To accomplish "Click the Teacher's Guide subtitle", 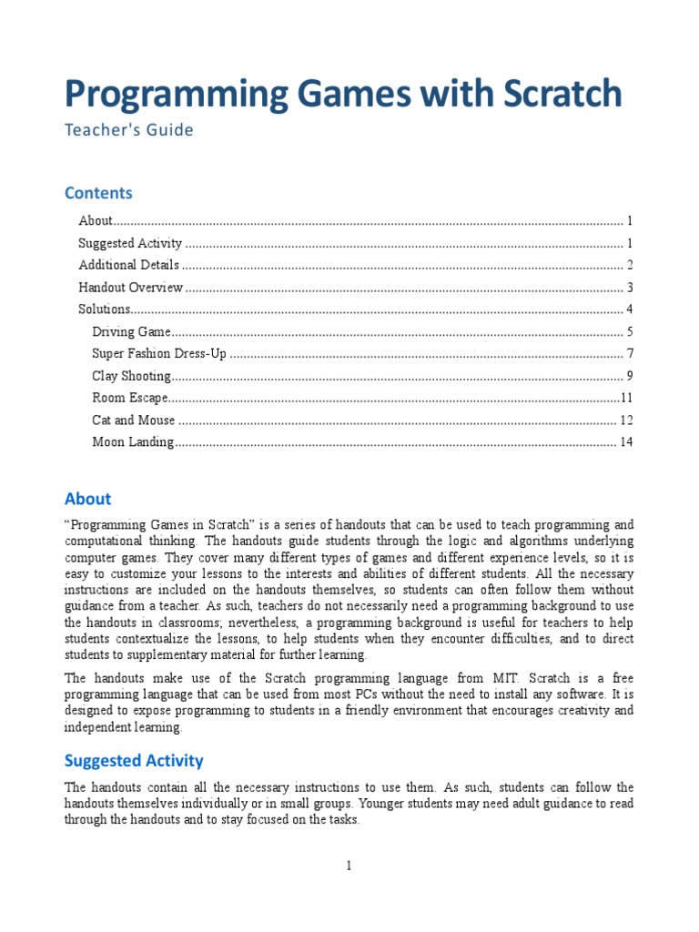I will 128,130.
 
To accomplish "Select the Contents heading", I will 98,193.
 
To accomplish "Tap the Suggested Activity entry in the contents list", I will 130,243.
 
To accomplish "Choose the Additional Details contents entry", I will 128,265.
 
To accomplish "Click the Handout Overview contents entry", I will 131,288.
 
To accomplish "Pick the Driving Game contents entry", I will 131,332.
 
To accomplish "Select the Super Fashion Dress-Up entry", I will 159,354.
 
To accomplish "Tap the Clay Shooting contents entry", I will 131,376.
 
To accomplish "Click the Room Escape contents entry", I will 130,398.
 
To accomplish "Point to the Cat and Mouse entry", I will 134,420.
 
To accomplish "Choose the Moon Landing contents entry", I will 133,442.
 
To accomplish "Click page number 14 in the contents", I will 625,442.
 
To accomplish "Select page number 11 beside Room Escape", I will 626,398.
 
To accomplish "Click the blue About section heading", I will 87,499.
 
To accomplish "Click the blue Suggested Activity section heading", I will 134,761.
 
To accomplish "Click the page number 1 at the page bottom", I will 349,866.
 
